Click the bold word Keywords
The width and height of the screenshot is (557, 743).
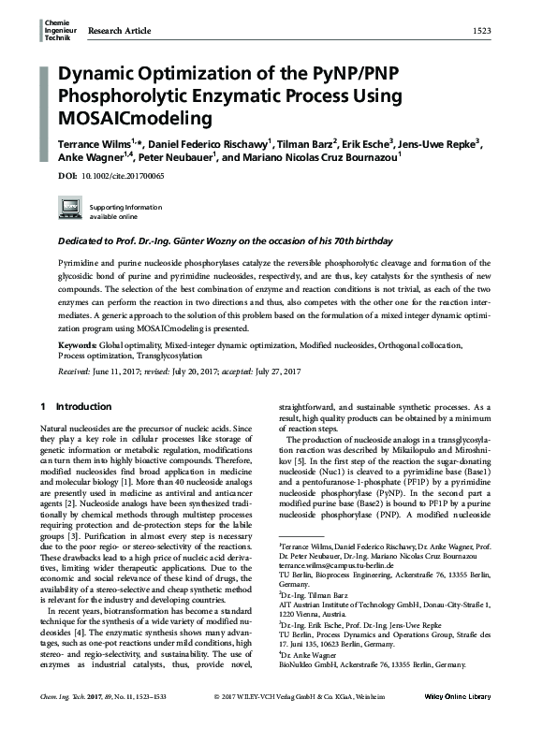tap(78, 345)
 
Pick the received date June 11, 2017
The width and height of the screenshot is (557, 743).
tap(122, 371)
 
